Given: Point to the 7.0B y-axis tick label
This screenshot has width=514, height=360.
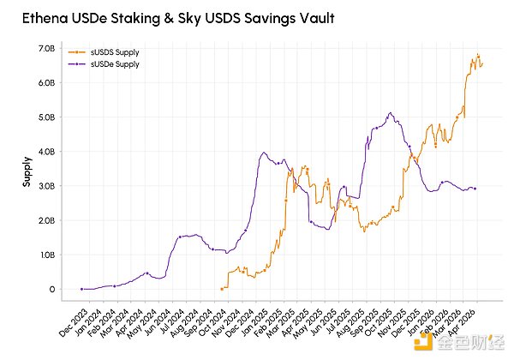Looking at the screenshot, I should (47, 49).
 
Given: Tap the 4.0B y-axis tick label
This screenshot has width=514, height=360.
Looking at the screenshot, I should (47, 152).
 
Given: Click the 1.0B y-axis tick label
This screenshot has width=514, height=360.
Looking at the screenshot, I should (47, 255).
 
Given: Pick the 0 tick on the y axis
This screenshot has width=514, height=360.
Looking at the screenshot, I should (52, 289).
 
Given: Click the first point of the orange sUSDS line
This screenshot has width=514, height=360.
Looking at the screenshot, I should (221, 289).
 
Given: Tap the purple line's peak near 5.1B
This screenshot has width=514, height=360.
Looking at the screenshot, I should (390, 112).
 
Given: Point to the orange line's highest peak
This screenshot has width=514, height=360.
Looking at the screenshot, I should (477, 56).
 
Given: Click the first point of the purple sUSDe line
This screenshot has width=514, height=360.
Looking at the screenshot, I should (81, 289).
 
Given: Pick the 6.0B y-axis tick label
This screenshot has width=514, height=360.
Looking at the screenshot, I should (47, 83).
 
